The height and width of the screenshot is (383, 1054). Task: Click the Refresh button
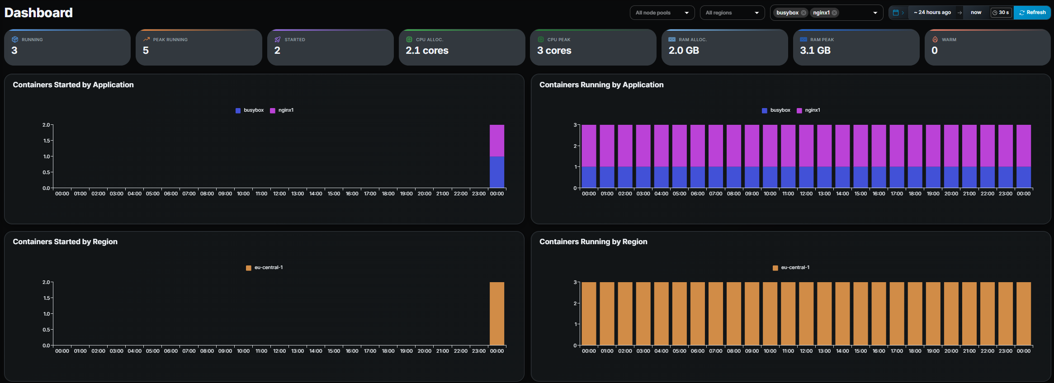coord(1032,13)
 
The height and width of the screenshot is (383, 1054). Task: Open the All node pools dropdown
coord(662,13)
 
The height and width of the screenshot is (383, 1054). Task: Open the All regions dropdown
coord(732,13)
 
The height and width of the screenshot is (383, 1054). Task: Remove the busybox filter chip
coord(803,13)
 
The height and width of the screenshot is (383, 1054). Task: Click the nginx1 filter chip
coord(821,13)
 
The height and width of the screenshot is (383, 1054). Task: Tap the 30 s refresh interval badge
coord(1001,13)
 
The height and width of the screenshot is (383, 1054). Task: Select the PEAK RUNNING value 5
coord(146,51)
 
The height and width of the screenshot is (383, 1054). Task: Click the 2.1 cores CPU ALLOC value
coord(427,51)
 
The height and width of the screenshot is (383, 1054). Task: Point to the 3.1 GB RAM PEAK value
coord(815,51)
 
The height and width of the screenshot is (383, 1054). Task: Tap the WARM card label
coord(949,40)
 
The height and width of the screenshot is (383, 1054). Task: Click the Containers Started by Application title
coord(73,85)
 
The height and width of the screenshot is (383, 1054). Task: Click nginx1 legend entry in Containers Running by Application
coord(812,110)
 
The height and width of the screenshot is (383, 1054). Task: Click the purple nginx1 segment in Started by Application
coord(497,140)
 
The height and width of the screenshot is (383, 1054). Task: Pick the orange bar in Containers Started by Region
coord(497,314)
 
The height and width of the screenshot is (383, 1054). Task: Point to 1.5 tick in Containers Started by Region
coord(47,298)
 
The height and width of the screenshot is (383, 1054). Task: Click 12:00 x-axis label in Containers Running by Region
coord(806,351)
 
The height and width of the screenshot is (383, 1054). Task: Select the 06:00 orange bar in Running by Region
coord(698,314)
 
